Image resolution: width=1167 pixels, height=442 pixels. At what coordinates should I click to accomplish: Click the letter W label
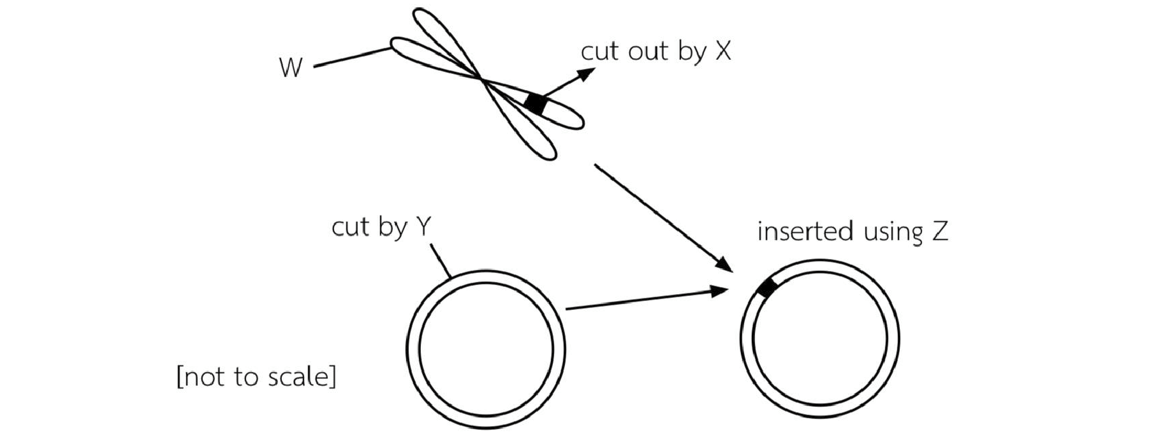290,67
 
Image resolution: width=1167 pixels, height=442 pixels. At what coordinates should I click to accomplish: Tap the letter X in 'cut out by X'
723,52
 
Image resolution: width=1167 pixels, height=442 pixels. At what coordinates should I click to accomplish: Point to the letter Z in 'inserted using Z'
939,231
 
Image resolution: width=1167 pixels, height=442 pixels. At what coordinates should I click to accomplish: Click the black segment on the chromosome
536,103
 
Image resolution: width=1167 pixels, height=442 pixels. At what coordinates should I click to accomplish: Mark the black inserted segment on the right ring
767,288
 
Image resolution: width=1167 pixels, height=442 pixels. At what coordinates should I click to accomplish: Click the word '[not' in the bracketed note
202,377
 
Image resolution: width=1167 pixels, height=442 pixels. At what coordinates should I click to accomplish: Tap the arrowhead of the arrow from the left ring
720,291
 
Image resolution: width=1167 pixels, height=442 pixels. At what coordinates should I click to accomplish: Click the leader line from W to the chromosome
352,57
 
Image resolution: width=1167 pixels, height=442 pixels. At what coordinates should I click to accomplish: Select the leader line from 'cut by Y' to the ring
441,261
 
